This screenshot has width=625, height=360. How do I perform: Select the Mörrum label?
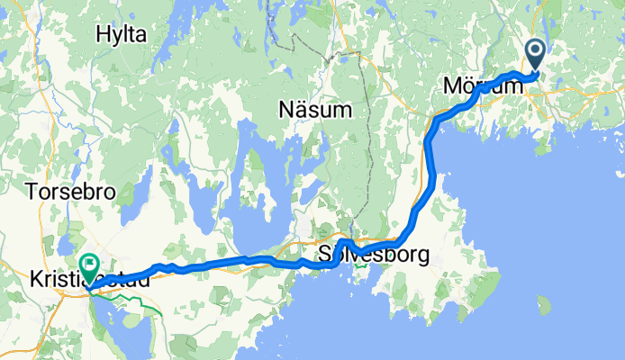(482, 86)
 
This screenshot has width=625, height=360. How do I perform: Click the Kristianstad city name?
(90, 278)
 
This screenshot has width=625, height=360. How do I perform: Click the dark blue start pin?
(536, 57)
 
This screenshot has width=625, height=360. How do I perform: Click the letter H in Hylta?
(102, 34)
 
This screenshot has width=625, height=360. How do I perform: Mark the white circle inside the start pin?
(536, 51)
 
